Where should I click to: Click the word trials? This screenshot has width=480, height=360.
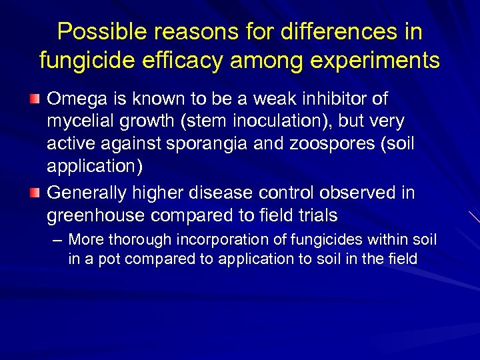pyautogui.click(x=315, y=216)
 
